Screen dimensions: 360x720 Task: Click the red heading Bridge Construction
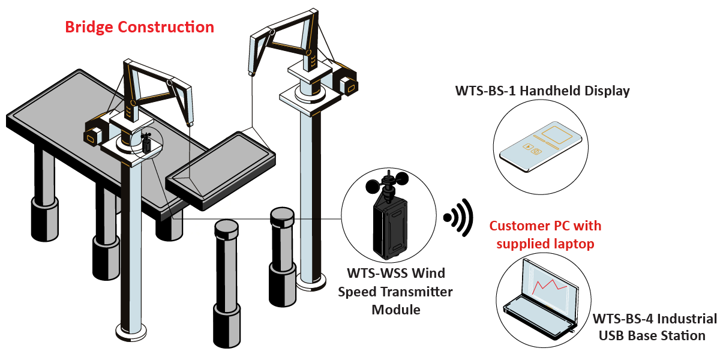139,27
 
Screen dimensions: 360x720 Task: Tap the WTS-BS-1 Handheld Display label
542,91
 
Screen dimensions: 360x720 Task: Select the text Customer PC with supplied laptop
545,235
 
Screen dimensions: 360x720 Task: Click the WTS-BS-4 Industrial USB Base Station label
654,326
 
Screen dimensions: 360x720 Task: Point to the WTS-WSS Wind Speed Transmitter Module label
396,292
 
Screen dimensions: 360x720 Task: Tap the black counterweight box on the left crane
95,133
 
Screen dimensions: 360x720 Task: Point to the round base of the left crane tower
131,329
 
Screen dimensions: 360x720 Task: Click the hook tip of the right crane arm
251,74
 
